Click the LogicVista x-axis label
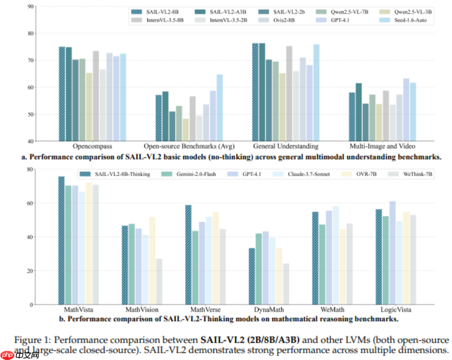pos(395,310)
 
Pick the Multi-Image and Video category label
pos(382,146)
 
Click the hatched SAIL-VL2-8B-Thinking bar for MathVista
pos(61,240)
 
